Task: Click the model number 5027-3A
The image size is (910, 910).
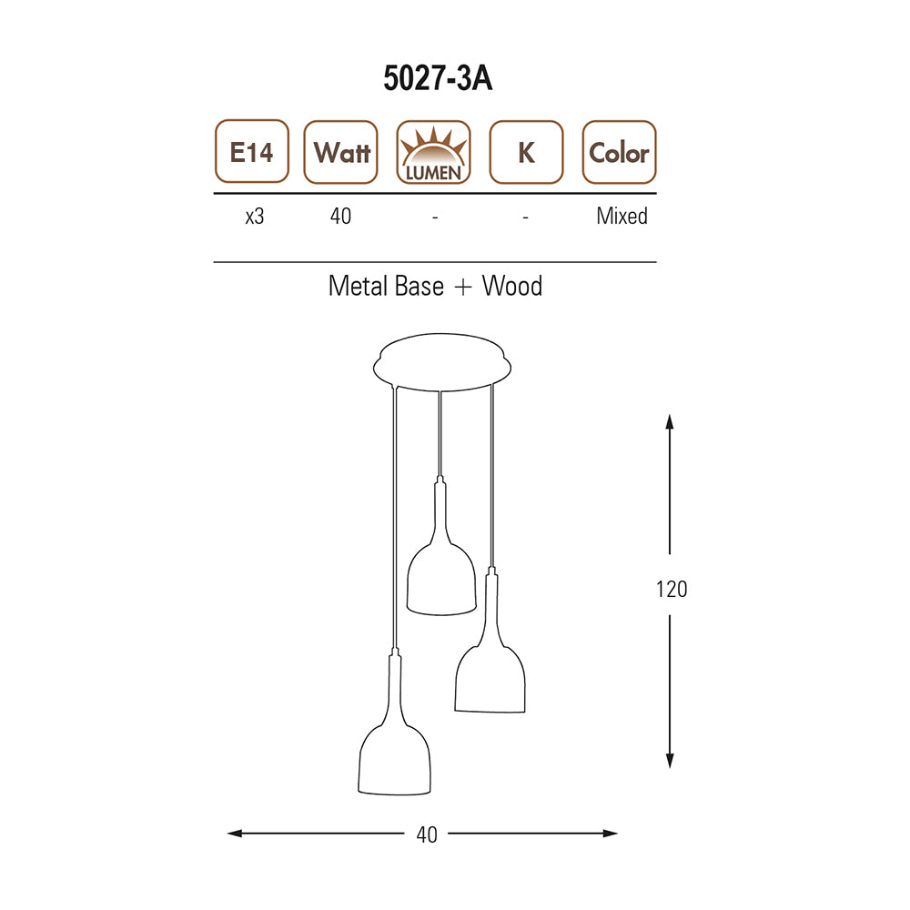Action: [438, 77]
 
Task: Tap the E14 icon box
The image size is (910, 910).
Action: [252, 151]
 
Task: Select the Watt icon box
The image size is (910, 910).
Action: [340, 152]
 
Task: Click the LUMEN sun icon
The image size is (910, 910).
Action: [433, 152]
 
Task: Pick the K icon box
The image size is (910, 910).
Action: [526, 152]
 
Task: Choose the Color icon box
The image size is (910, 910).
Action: [619, 152]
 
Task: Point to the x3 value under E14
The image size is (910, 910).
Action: [255, 217]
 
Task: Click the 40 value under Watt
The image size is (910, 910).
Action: [340, 216]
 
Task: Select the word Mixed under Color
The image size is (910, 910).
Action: [622, 216]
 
